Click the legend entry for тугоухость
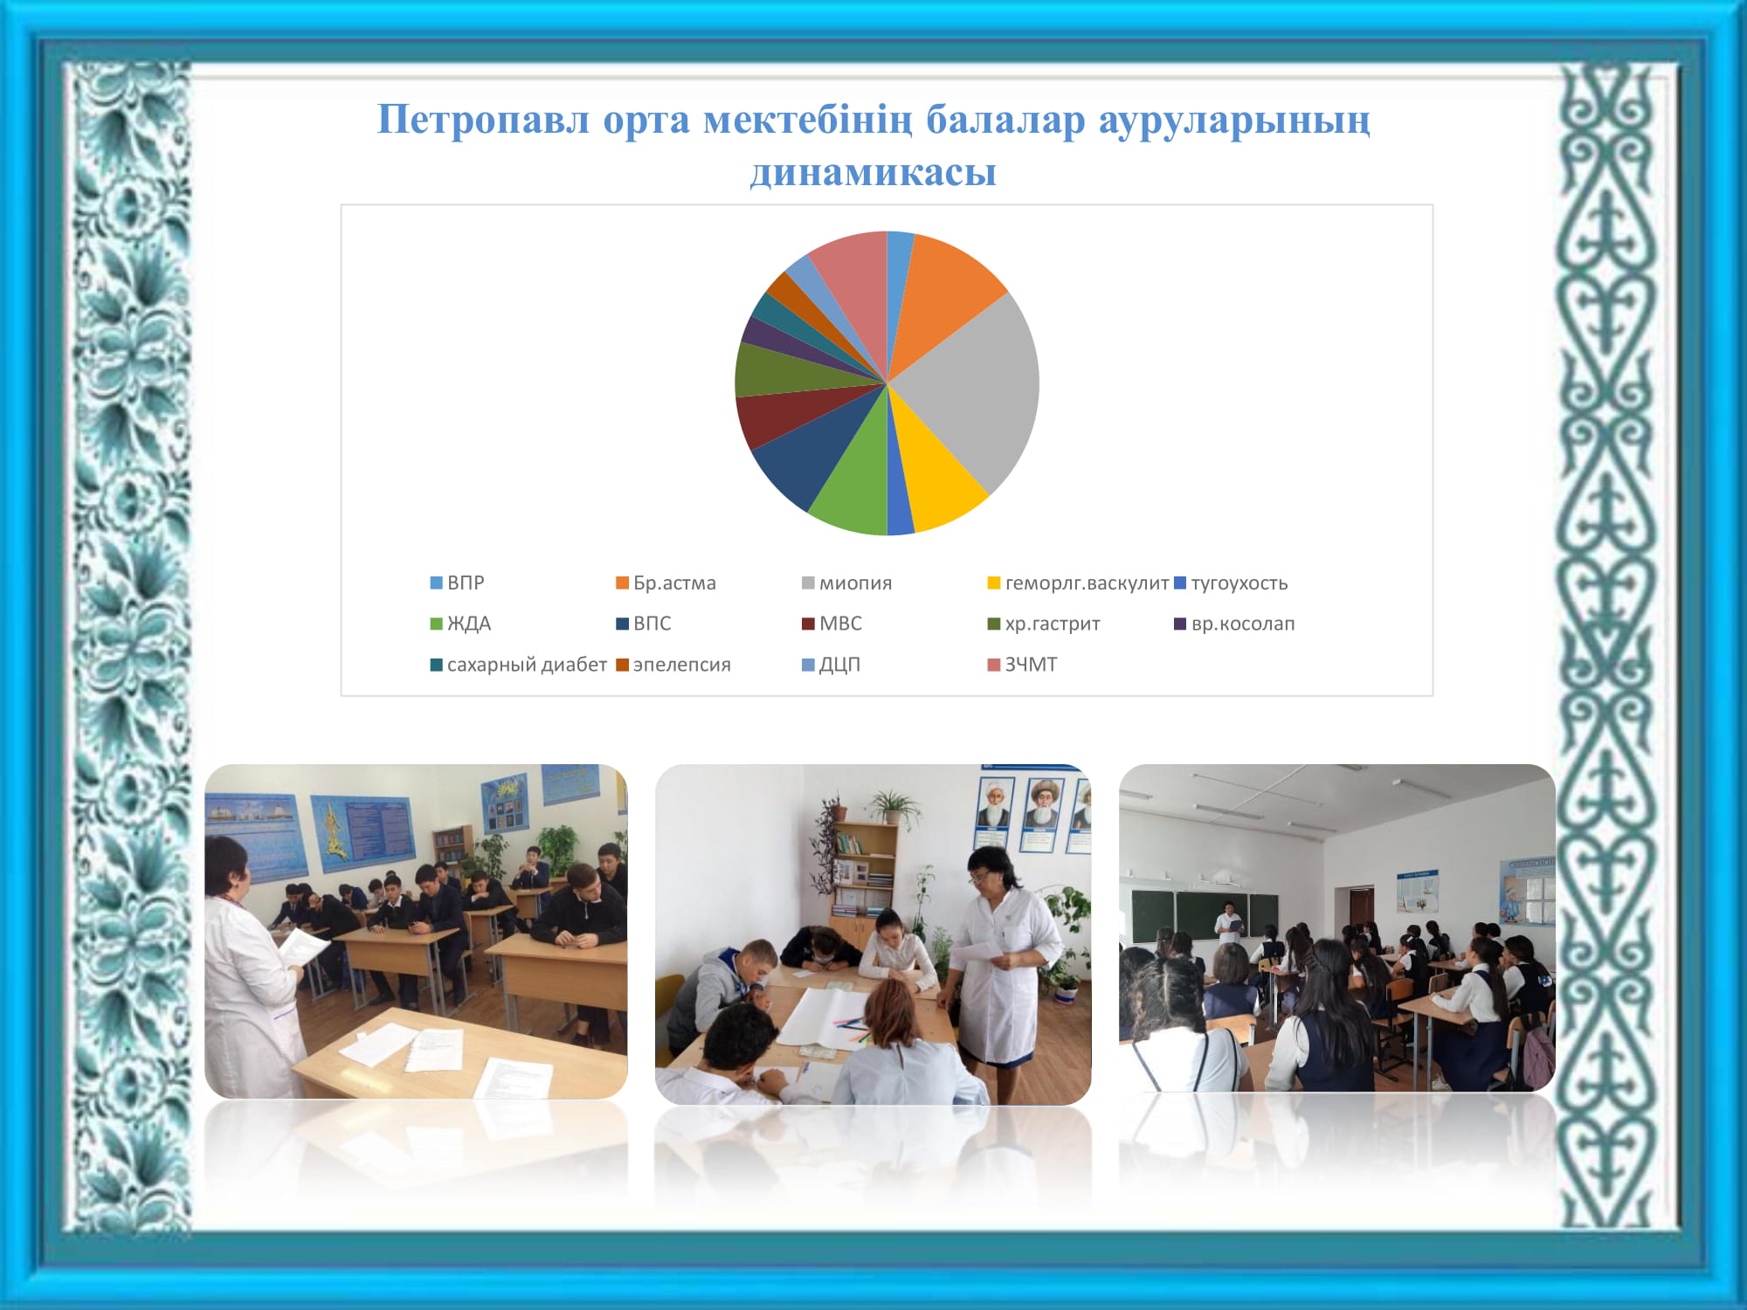[1231, 583]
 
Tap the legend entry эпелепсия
[673, 665]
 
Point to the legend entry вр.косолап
[1234, 624]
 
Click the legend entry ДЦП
[831, 665]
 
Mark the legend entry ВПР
[457, 583]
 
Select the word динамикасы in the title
[873, 172]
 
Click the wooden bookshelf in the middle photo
[863, 873]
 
